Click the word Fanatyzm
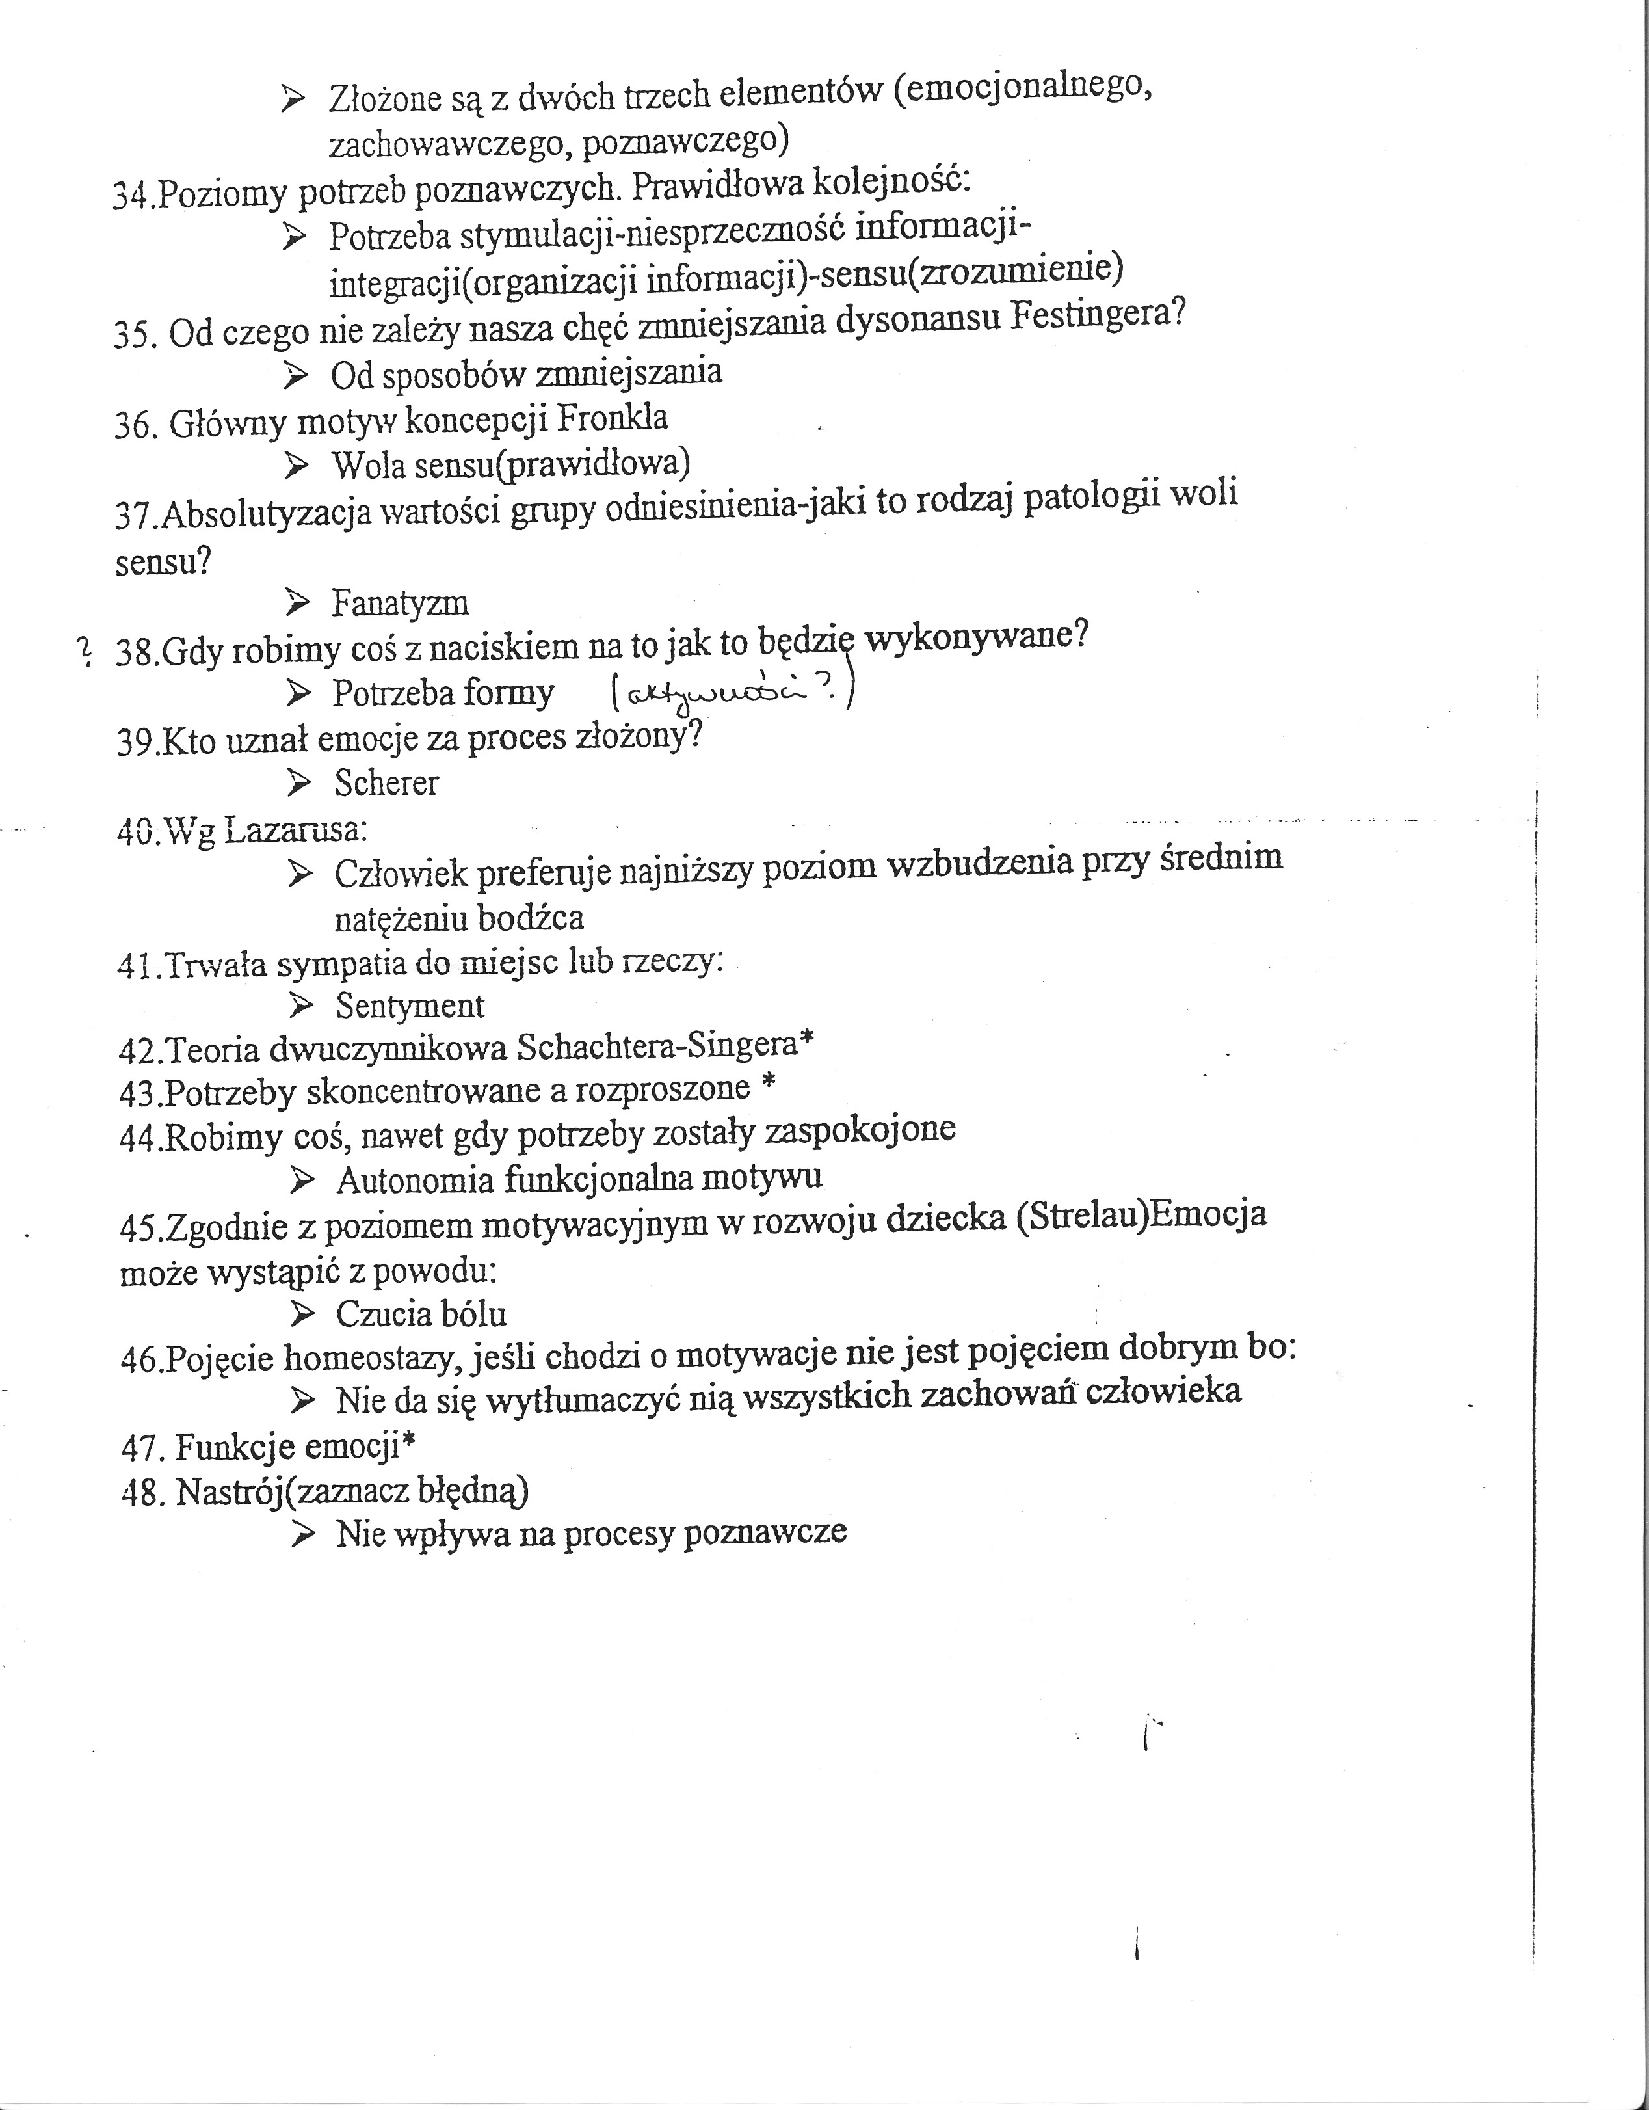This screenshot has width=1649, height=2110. coord(400,604)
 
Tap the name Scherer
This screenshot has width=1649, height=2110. coord(386,782)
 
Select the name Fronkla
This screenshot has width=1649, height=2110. coord(613,418)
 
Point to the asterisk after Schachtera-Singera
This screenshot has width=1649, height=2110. coord(807,1041)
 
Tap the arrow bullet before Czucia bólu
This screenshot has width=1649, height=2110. coord(302,1314)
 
